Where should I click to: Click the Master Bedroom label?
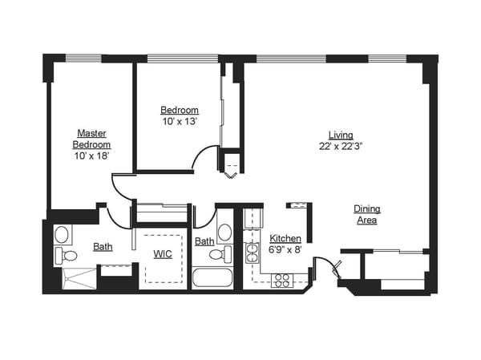(92, 138)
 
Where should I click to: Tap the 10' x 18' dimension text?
(92, 156)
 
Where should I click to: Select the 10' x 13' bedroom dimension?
(180, 121)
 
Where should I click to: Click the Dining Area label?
(367, 214)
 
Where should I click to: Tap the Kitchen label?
(285, 238)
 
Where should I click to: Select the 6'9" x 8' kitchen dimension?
(285, 249)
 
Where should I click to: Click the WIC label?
(164, 254)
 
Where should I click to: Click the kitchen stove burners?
(281, 280)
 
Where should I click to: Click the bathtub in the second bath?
(212, 278)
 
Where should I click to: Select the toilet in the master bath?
(67, 257)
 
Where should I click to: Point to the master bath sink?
(62, 235)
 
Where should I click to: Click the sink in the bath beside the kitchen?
(224, 233)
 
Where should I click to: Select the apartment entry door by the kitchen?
(326, 265)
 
